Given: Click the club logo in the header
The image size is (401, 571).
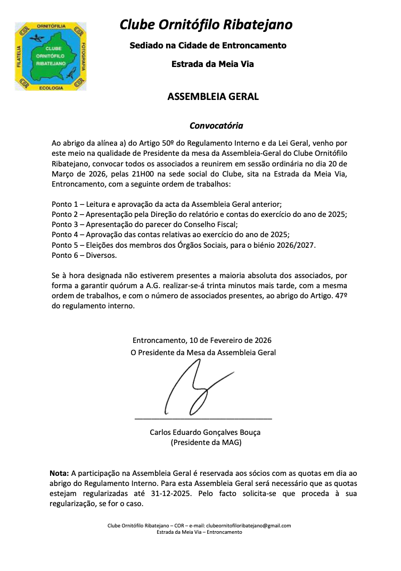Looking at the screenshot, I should pyautogui.click(x=51, y=56).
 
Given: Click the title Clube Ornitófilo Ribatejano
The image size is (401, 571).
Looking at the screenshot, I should pyautogui.click(x=206, y=25).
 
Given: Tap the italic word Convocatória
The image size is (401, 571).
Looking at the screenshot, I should pyautogui.click(x=216, y=126).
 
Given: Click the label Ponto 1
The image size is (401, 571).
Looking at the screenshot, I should pyautogui.click(x=66, y=204).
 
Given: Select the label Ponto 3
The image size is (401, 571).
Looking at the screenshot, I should pyautogui.click(x=66, y=224).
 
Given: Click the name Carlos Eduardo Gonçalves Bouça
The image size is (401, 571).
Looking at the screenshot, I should pyautogui.click(x=205, y=432).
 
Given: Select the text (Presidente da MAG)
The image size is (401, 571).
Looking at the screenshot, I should pyautogui.click(x=206, y=442).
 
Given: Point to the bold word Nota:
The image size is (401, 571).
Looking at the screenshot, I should pyautogui.click(x=59, y=473).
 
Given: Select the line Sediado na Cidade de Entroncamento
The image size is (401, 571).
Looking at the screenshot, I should pyautogui.click(x=208, y=46).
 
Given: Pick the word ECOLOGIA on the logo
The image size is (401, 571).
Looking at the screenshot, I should pyautogui.click(x=51, y=87).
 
